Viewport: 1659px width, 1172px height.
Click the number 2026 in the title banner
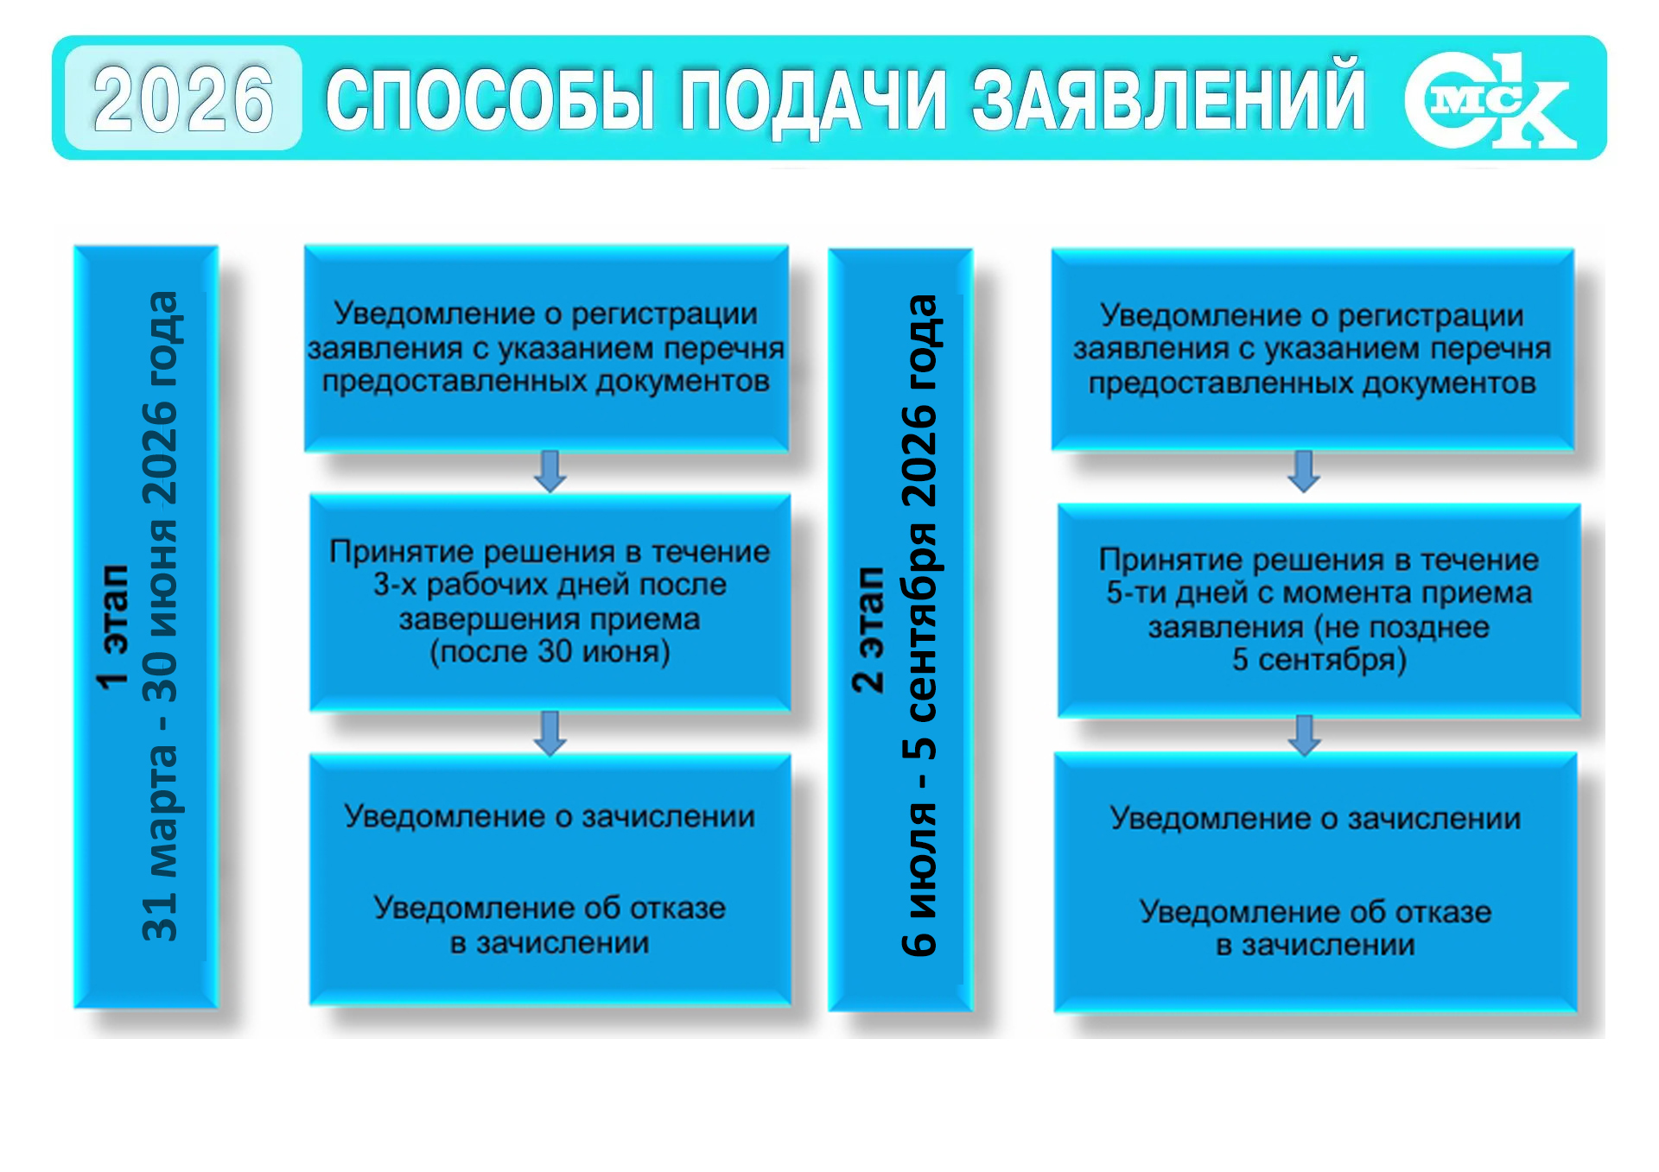coord(183,99)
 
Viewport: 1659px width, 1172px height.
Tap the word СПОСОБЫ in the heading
coord(490,99)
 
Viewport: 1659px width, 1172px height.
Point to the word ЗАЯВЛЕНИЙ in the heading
coord(1169,98)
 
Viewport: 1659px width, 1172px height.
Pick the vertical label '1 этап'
coord(114,627)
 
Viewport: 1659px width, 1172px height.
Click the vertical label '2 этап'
coord(868,630)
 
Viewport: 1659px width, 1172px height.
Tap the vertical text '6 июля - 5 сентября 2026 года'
coord(919,625)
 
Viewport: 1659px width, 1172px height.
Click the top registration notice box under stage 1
coord(546,348)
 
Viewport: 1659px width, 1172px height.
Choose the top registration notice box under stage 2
coord(1313,349)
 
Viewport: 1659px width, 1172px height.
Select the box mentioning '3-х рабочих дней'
coord(550,602)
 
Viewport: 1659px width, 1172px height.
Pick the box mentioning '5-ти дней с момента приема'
coord(1319,611)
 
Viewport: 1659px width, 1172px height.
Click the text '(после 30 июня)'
coord(550,651)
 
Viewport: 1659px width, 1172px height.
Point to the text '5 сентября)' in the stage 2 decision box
coord(1319,660)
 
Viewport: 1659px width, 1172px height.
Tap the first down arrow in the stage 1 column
coord(550,472)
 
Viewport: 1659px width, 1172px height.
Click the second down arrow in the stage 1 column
coord(550,732)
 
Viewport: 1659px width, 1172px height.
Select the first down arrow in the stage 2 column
coord(1304,472)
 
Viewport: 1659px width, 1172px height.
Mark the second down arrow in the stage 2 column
coord(1305,735)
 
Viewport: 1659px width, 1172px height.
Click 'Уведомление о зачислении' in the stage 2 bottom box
coord(1315,818)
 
